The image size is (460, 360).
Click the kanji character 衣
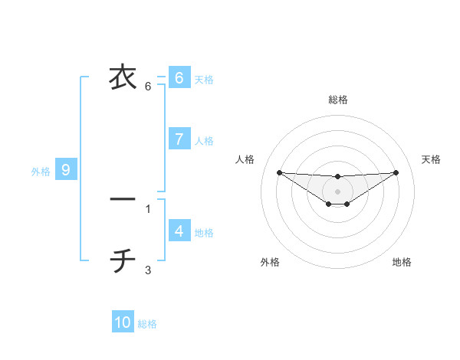pos(123,77)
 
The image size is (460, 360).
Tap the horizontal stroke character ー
pos(123,199)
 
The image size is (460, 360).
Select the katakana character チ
pos(123,261)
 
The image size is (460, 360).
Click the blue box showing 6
pos(179,78)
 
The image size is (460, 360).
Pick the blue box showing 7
pos(179,139)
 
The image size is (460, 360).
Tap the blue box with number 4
pos(179,231)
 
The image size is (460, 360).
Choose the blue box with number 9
pos(66,170)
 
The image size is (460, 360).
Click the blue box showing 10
pos(123,322)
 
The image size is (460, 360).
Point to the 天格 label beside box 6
pos(204,80)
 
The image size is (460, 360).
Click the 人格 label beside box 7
pos(204,141)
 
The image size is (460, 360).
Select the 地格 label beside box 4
pos(204,233)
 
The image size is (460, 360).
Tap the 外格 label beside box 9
pos(41,172)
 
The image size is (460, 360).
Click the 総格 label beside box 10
pos(147,325)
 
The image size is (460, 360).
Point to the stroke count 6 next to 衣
pos(148,87)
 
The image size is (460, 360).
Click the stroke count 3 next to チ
pos(148,270)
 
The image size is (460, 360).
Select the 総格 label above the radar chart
pos(337,100)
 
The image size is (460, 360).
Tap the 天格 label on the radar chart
pos(431,159)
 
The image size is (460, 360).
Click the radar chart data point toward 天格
pos(396,172)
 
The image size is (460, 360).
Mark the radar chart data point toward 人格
pos(279,172)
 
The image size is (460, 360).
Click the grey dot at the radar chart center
pos(337,191)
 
